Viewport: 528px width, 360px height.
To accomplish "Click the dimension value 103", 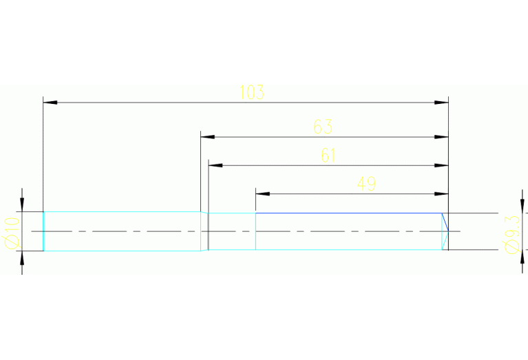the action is [252, 92].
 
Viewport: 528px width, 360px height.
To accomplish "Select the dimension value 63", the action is [323, 127].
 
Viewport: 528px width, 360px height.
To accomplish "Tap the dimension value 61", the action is [328, 156].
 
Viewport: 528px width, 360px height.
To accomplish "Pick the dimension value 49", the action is [366, 184].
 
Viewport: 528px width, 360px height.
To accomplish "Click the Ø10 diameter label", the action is [10, 232].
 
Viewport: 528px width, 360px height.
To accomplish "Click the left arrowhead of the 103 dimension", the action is [50, 102].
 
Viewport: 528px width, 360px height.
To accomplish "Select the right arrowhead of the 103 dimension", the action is [442, 102].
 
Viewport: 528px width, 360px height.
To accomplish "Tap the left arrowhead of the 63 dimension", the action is [207, 137].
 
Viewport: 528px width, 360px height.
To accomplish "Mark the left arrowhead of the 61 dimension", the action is [215, 165].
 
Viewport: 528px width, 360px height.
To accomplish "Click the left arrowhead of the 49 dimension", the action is [262, 193].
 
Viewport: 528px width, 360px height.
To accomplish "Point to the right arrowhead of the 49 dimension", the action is [442, 193].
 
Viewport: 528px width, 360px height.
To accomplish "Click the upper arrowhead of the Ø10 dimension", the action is [22, 204].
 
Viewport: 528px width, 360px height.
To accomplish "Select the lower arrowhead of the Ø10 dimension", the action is [22, 257].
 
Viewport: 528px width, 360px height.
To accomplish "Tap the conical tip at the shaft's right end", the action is [445, 231].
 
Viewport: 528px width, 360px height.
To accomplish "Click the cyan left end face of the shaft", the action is [43, 231].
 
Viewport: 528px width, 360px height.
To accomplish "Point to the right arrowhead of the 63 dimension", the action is [442, 137].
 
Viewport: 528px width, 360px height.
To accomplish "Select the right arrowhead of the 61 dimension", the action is [442, 165].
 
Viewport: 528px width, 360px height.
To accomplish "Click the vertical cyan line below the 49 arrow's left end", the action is [256, 231].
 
